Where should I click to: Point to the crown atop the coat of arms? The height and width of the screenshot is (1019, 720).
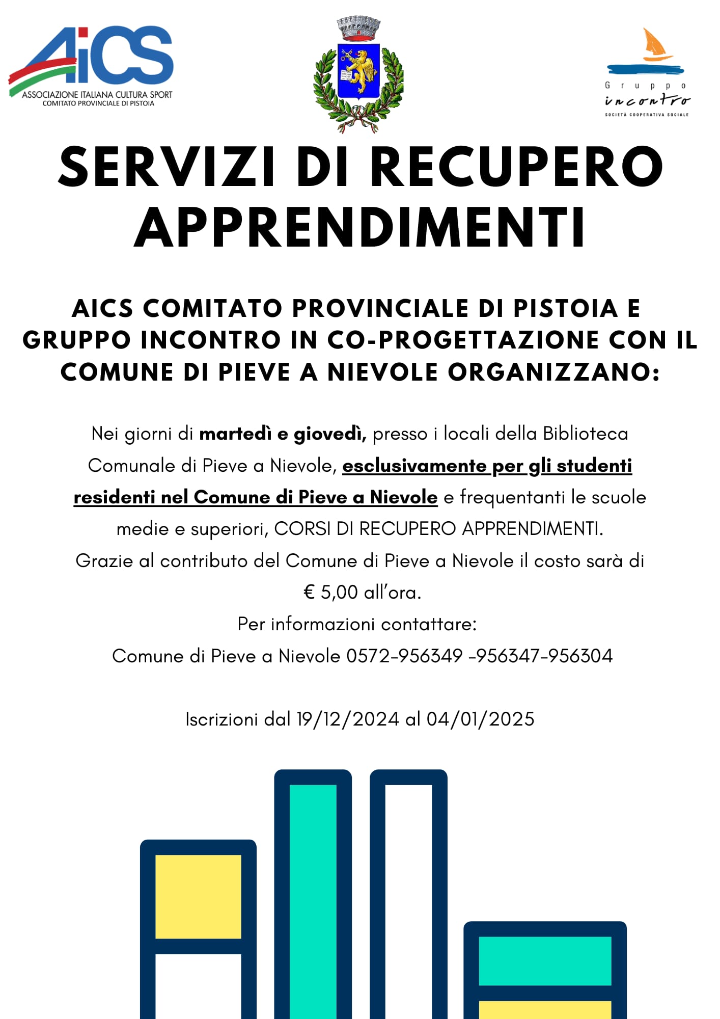(359, 28)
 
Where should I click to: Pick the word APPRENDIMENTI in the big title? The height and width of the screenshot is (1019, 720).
(360, 228)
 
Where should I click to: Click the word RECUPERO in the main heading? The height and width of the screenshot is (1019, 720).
(516, 167)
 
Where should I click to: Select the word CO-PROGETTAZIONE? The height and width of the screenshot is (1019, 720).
(464, 340)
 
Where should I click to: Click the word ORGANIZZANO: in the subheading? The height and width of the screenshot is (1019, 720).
(554, 372)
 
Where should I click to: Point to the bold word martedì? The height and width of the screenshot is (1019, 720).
(235, 434)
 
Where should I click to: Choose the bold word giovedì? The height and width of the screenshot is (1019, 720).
(330, 434)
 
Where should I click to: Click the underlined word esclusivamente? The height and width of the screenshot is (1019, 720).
(414, 465)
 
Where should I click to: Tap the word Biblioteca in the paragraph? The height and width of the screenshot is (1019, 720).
(586, 434)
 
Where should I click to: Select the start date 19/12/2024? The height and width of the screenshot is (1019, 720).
(348, 719)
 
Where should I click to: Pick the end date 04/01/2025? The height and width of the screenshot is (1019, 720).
(480, 719)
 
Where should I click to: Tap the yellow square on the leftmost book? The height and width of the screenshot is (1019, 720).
(198, 896)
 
